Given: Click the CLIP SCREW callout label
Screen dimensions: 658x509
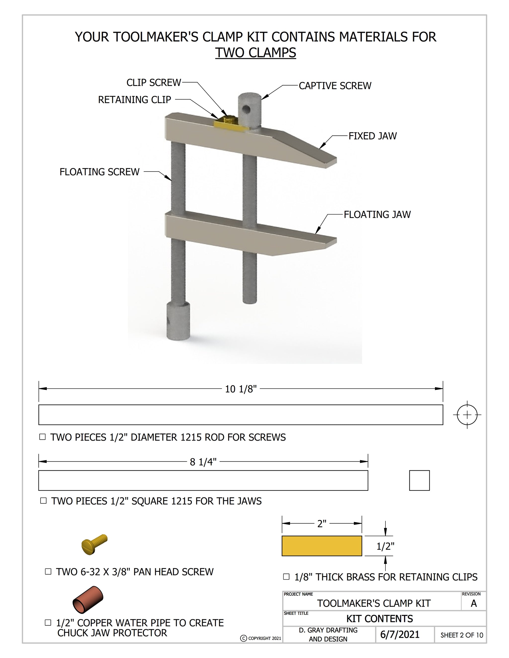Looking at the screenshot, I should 154,82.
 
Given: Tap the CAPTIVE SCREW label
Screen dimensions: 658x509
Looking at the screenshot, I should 335,86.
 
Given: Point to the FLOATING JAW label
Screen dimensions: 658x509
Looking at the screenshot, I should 377,215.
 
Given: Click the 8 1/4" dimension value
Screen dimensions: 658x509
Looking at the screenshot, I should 203,462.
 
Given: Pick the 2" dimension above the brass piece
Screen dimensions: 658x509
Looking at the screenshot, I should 322,524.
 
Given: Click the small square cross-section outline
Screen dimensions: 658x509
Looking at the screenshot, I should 419,480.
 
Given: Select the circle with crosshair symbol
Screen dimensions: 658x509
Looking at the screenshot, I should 467,415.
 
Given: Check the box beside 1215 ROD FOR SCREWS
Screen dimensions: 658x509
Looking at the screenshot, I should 42,437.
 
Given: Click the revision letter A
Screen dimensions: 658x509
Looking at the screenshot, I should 473,603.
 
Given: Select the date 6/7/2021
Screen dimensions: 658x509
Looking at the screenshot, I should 400,634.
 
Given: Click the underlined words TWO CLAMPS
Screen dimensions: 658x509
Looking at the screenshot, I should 255,53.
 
